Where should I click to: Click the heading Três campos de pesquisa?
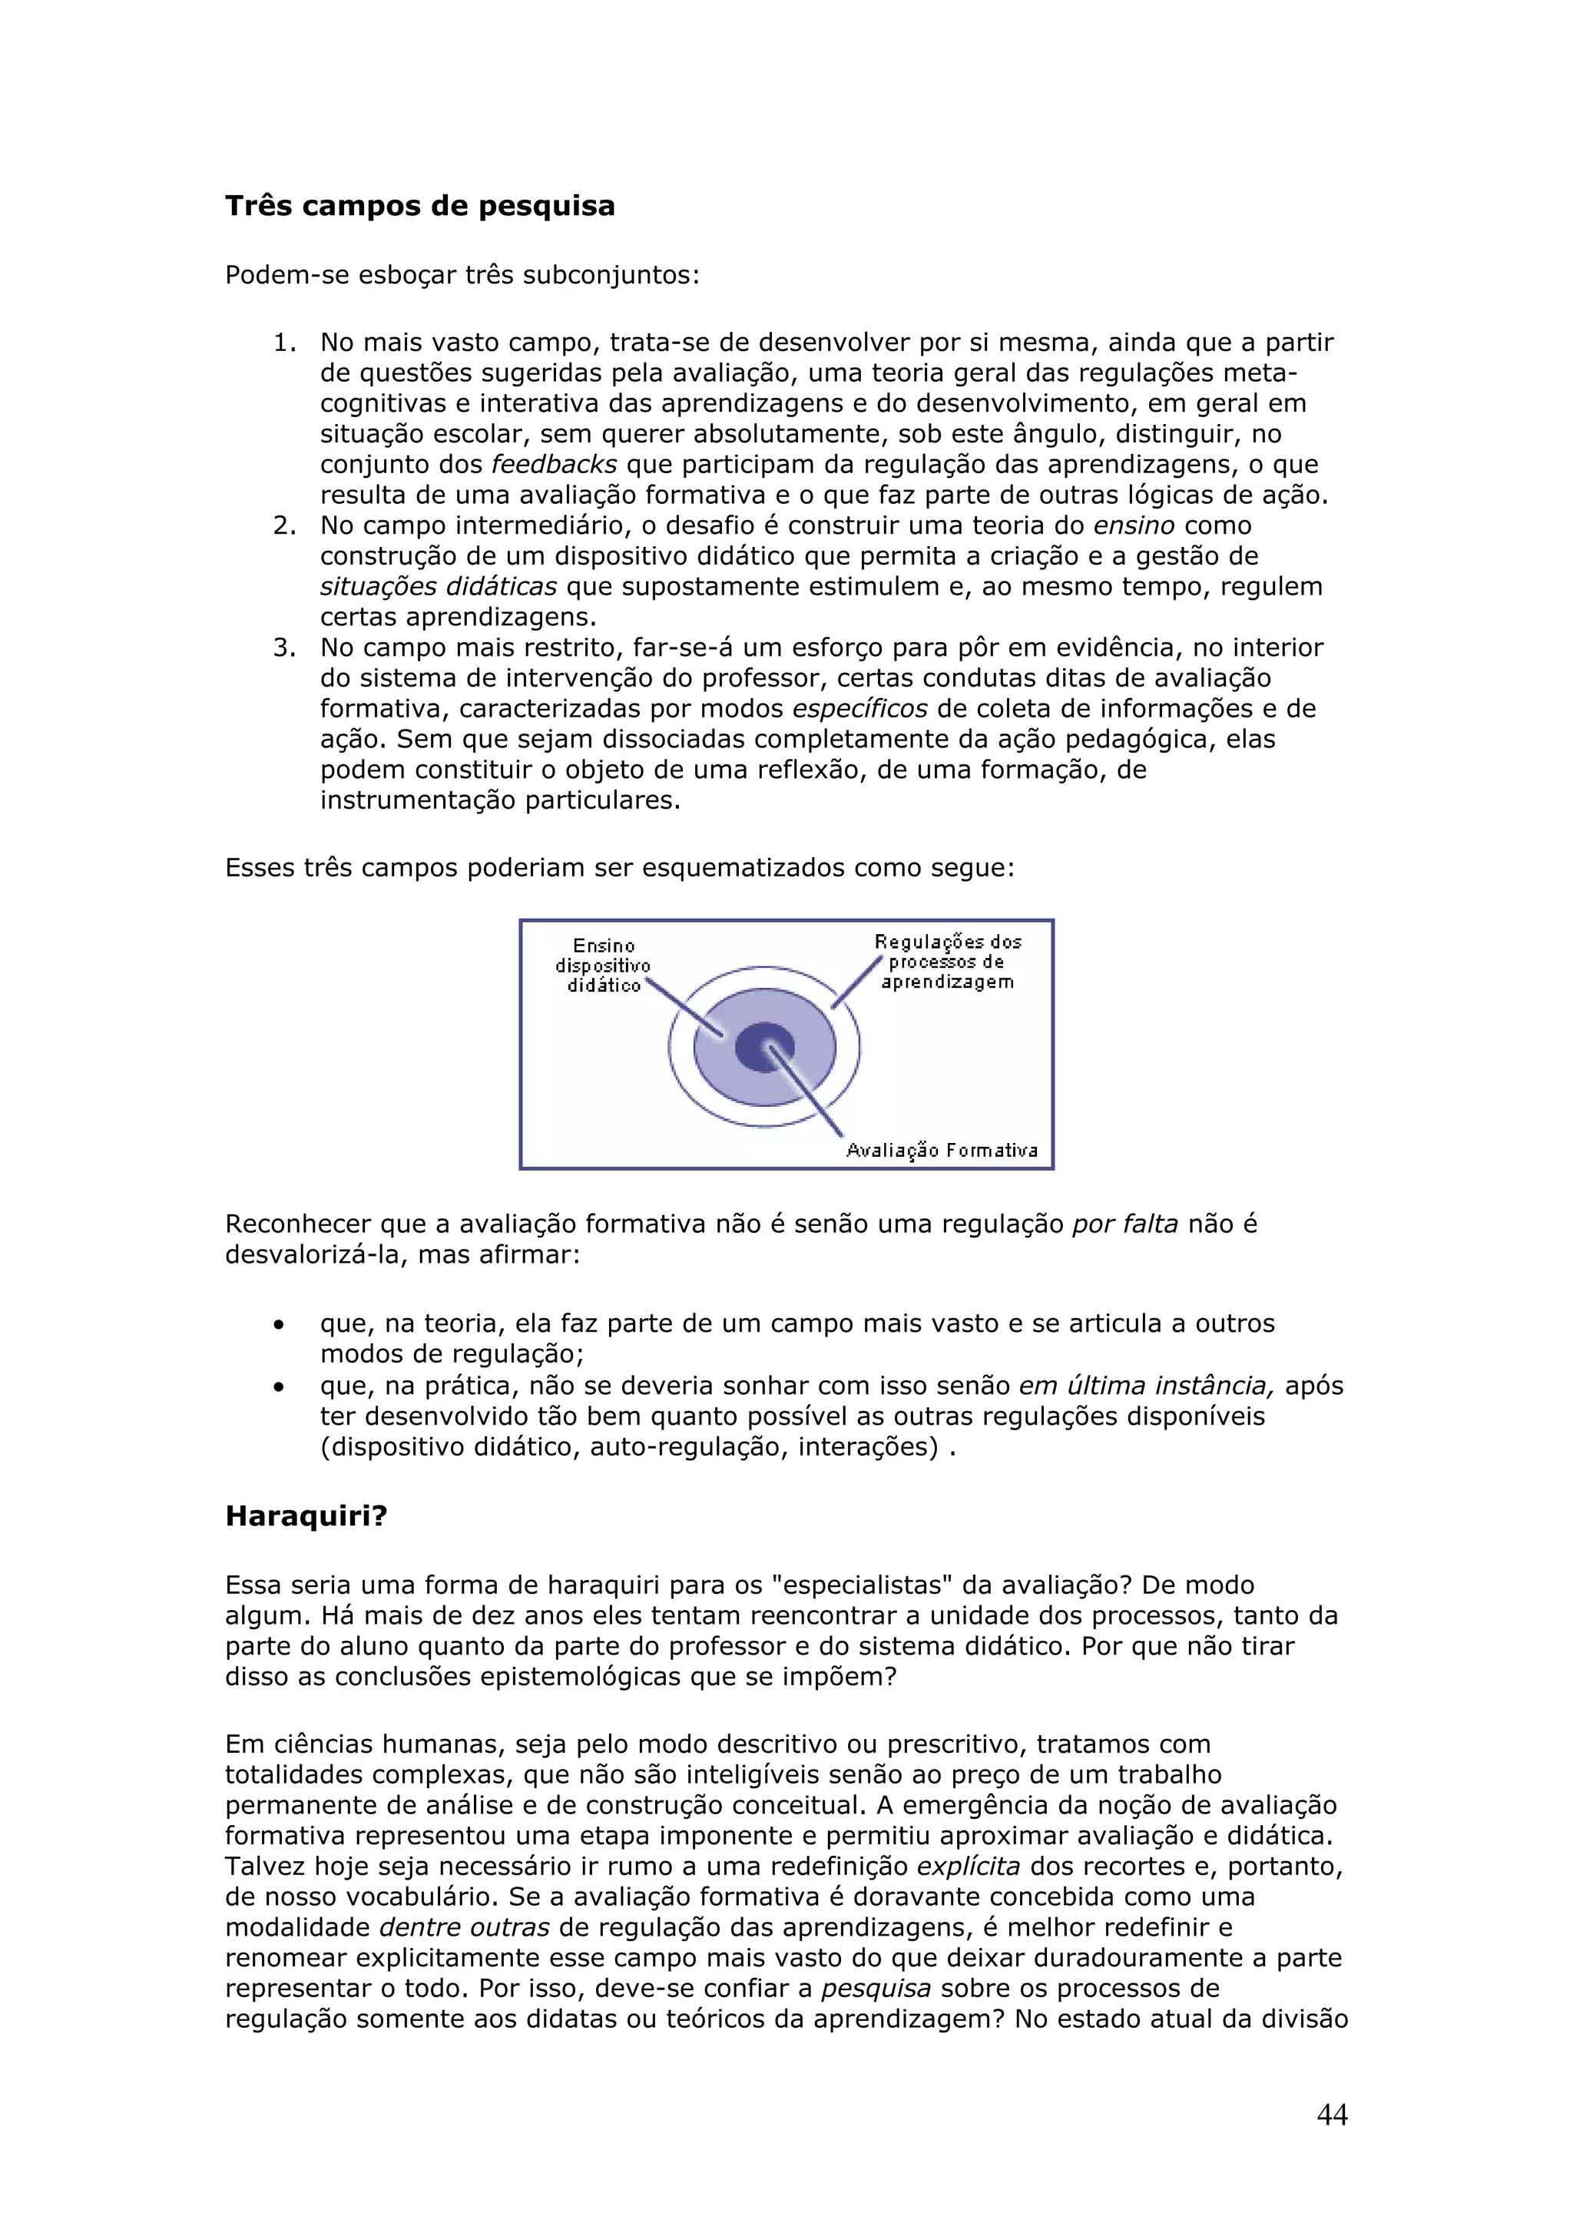(419, 206)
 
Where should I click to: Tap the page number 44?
(1332, 2115)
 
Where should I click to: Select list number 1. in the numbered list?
(284, 343)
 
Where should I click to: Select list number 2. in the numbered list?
(284, 525)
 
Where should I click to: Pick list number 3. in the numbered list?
(284, 648)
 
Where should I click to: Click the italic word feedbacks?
(554, 465)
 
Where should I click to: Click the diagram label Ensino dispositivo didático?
(603, 966)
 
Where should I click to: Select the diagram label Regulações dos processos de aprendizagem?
(947, 962)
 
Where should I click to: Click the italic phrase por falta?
(1124, 1224)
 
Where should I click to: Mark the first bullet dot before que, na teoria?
(279, 1325)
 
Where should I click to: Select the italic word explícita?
(969, 1867)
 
